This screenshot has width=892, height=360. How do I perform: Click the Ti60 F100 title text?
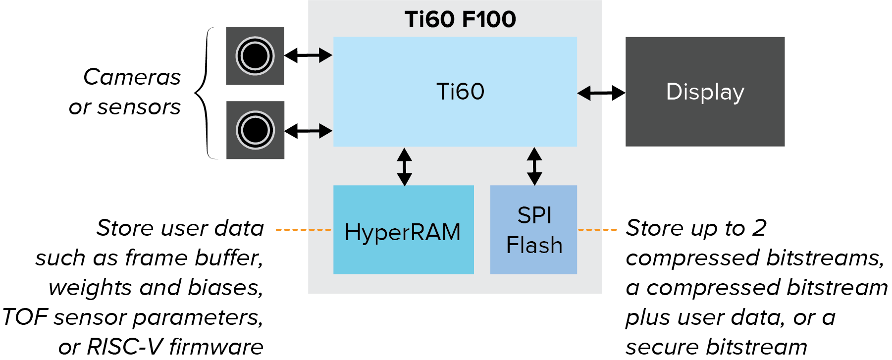click(x=460, y=20)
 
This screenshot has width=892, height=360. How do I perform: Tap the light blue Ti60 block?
click(x=455, y=92)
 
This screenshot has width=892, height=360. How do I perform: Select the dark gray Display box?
click(x=705, y=92)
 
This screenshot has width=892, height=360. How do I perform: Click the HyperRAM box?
click(x=403, y=230)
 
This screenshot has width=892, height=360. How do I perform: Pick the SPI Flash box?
click(x=533, y=230)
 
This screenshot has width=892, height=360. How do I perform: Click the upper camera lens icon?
click(x=255, y=55)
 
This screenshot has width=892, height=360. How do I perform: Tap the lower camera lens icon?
click(x=255, y=130)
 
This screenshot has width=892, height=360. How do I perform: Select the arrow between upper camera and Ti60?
click(x=308, y=55)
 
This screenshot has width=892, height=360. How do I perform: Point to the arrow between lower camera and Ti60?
click(x=308, y=131)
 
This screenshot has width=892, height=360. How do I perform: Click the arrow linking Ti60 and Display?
click(x=601, y=93)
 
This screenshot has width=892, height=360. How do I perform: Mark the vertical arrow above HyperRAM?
click(x=405, y=166)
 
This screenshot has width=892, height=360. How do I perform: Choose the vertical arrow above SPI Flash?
click(x=534, y=166)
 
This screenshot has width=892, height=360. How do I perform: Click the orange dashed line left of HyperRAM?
click(x=303, y=230)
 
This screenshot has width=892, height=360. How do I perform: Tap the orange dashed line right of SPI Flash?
click(x=597, y=230)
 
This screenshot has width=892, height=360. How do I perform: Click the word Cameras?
click(x=132, y=77)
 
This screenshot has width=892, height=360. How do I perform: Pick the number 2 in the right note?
click(x=759, y=228)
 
